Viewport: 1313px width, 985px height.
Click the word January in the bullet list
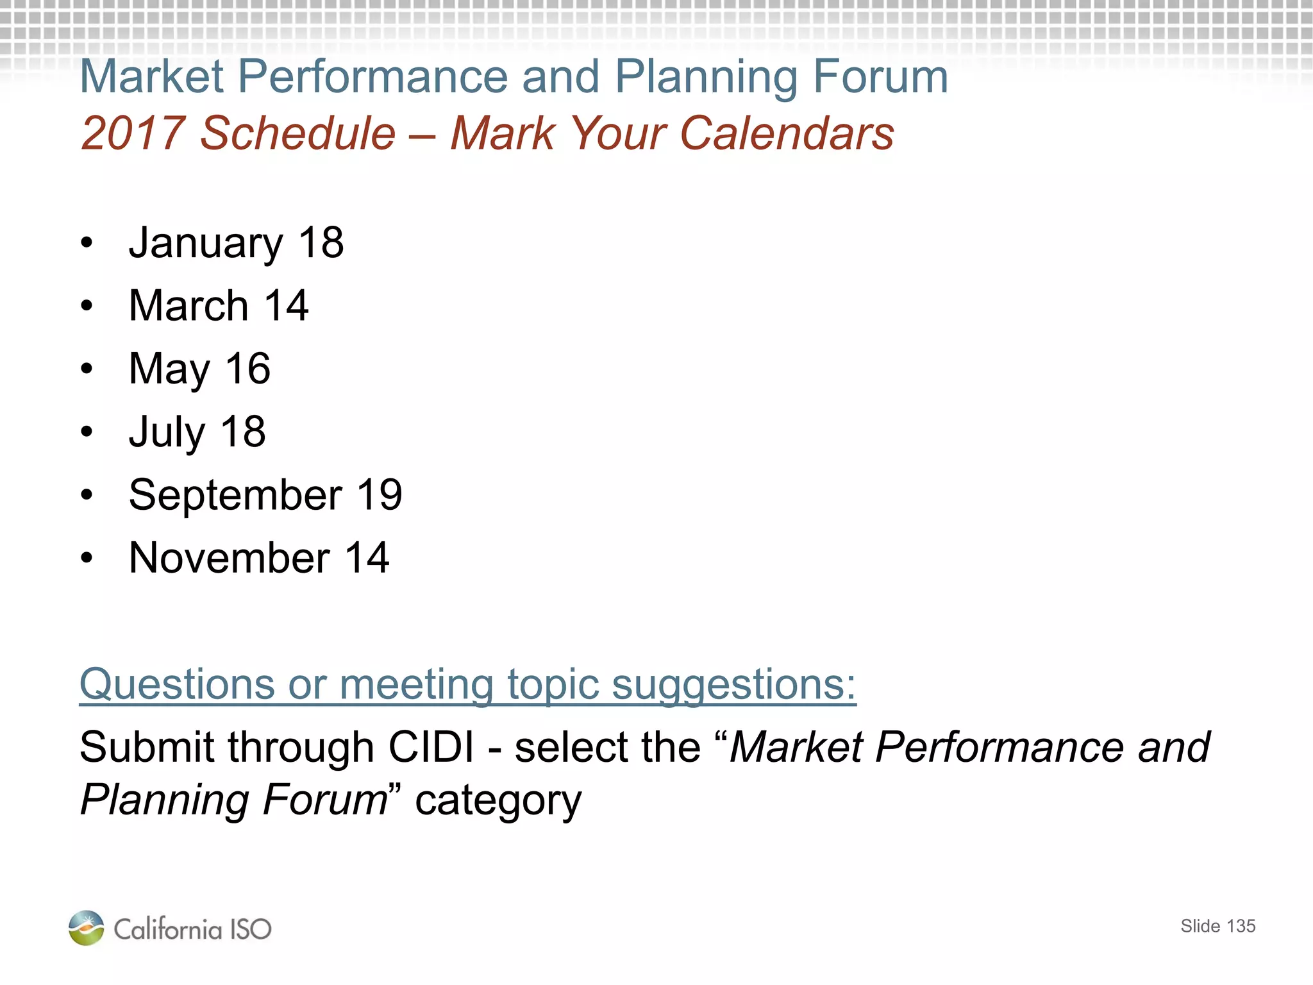coord(205,244)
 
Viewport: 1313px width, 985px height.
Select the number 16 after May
coord(247,369)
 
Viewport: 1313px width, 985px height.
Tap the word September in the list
coord(235,495)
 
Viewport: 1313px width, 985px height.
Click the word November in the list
coord(229,558)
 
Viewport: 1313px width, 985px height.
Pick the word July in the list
coord(166,432)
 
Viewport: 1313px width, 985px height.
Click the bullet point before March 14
coord(87,306)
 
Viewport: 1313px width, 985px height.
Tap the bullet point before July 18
coord(87,432)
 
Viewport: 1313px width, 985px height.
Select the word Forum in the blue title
coord(880,77)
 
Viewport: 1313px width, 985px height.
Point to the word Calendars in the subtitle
coord(787,133)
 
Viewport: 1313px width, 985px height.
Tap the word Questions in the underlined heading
coord(176,685)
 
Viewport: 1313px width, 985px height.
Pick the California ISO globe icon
coord(86,928)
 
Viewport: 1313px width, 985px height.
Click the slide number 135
coord(1241,926)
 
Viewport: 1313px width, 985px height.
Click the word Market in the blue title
coord(151,77)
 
